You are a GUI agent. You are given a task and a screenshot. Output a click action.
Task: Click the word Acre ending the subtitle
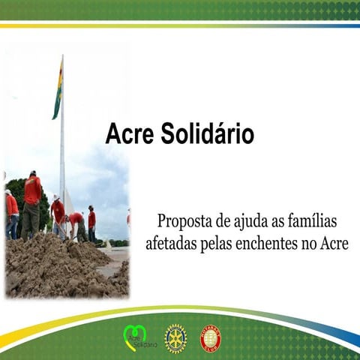click(334, 244)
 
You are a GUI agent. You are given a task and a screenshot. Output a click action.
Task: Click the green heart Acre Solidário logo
click(135, 338)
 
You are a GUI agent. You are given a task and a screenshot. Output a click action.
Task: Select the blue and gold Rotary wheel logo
click(175, 338)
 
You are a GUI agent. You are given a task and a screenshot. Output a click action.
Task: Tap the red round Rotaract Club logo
click(211, 338)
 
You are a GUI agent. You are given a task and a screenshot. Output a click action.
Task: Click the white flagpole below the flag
click(62, 157)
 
